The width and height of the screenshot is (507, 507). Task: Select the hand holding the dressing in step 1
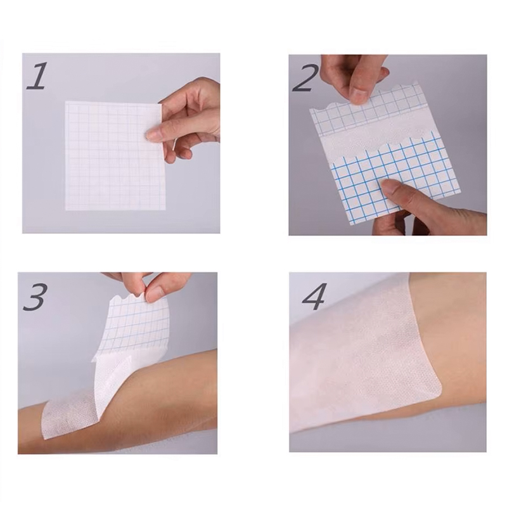(x=190, y=117)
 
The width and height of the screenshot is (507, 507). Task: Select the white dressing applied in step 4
(x=361, y=355)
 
